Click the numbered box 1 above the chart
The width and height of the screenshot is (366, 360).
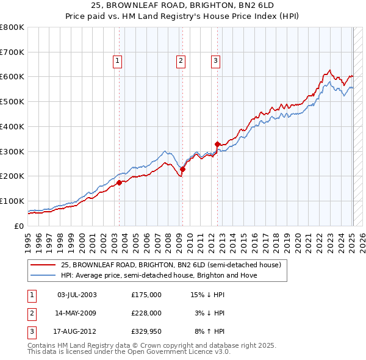click(x=117, y=60)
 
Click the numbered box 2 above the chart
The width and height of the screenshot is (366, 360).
click(x=181, y=60)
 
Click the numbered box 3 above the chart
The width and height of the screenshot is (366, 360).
click(x=216, y=60)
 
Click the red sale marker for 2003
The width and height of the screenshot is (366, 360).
click(x=119, y=182)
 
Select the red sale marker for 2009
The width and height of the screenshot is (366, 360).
click(x=182, y=169)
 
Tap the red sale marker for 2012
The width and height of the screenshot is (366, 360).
click(x=217, y=144)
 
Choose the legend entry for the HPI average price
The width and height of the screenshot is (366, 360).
click(x=159, y=275)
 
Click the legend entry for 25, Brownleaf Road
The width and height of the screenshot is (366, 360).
click(x=170, y=265)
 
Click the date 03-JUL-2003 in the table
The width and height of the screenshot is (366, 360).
click(x=76, y=295)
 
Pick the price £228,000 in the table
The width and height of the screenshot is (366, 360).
click(x=146, y=313)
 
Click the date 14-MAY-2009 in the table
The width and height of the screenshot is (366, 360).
click(x=76, y=313)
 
